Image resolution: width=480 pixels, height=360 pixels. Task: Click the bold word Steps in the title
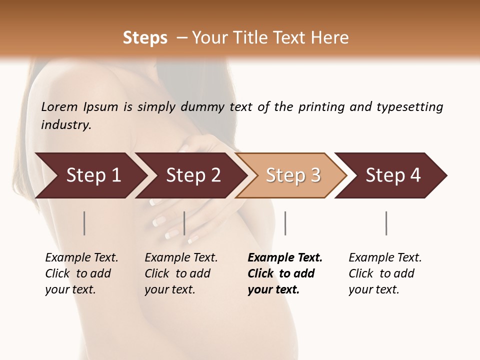click(145, 38)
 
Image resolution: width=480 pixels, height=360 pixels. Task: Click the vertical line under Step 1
click(84, 223)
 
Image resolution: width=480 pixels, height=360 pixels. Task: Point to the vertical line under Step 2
click(184, 223)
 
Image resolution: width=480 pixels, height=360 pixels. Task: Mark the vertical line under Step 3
click(285, 223)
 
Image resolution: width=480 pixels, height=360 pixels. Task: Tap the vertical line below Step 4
click(386, 223)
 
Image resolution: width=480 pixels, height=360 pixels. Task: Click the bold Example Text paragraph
click(285, 273)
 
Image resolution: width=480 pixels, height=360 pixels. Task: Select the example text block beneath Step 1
click(81, 273)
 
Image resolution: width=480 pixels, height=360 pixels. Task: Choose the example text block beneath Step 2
click(181, 273)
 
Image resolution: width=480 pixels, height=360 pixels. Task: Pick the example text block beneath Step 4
click(385, 273)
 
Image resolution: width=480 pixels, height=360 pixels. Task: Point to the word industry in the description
click(66, 125)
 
